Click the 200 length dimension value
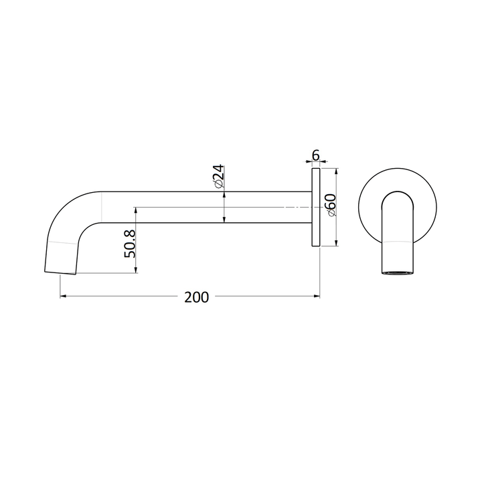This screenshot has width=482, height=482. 196,297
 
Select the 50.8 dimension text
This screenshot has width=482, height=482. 130,244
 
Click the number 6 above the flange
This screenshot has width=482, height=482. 315,156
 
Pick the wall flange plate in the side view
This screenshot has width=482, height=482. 316,208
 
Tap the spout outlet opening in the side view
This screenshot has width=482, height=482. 60,273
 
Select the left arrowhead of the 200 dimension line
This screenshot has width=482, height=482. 63,296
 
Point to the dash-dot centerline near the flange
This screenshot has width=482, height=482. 281,207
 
